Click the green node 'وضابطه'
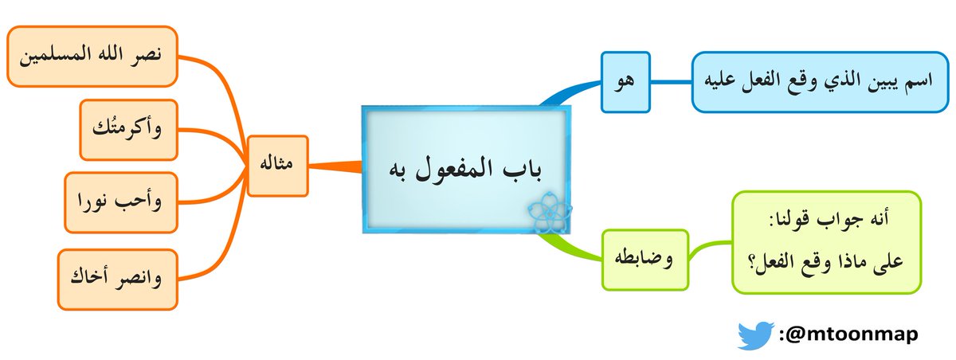[645, 256]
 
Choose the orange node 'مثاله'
[277, 166]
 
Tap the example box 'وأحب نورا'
[120, 202]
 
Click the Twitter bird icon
[755, 335]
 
